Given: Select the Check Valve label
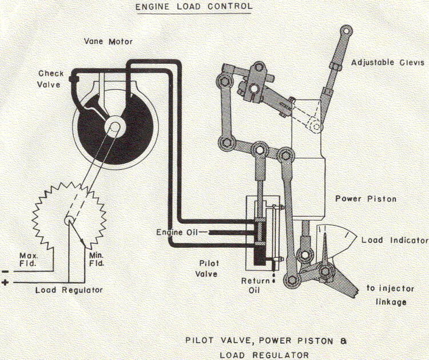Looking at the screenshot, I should tap(51, 79).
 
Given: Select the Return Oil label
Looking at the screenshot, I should tap(253, 286).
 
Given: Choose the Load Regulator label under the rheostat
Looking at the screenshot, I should tap(69, 290).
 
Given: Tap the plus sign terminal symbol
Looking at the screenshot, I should tap(5, 283).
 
